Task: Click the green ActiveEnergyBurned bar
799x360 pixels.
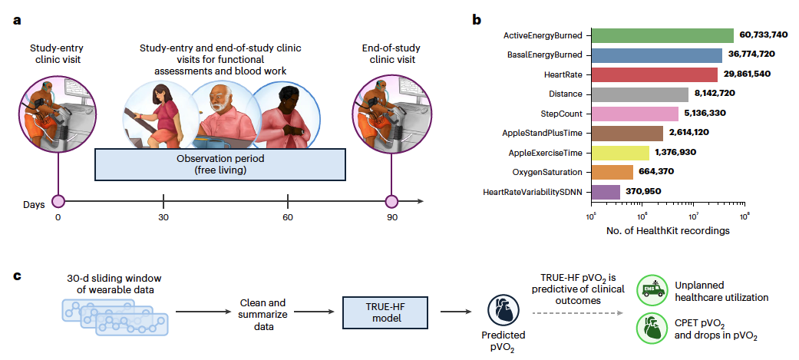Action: pos(662,35)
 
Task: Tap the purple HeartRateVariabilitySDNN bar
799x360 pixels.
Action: pos(606,191)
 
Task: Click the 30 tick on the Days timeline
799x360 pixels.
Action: pos(163,203)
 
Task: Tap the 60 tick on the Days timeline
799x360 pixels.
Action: pos(288,203)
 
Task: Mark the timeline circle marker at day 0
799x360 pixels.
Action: pos(58,203)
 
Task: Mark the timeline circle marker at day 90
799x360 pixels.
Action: pos(391,203)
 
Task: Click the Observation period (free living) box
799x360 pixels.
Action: pos(220,163)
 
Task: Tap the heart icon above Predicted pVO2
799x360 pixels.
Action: pos(503,312)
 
